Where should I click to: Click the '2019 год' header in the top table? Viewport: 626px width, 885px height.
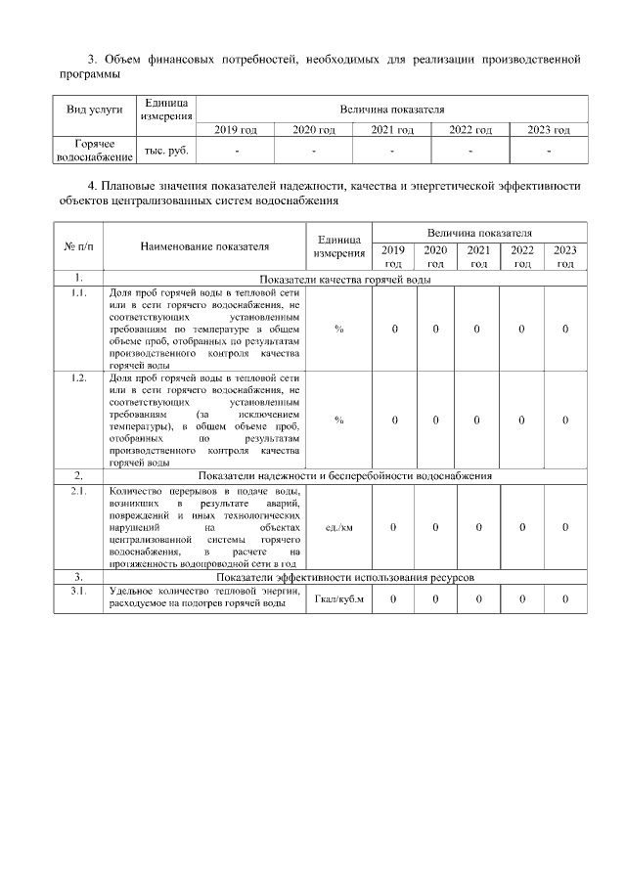236,130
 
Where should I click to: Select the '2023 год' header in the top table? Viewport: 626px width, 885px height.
549,130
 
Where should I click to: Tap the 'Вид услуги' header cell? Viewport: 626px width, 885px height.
94,110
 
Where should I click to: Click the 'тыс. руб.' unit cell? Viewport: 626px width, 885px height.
166,151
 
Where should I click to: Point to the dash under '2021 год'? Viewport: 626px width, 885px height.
391,151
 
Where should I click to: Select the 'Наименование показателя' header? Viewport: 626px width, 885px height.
204,247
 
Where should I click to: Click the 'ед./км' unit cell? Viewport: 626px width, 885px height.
338,527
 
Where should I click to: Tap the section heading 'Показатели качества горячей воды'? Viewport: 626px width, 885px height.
345,279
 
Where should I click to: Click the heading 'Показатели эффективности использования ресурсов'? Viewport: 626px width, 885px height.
345,578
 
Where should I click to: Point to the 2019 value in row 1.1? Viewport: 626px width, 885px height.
393,329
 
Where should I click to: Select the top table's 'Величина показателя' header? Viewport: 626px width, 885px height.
391,110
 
